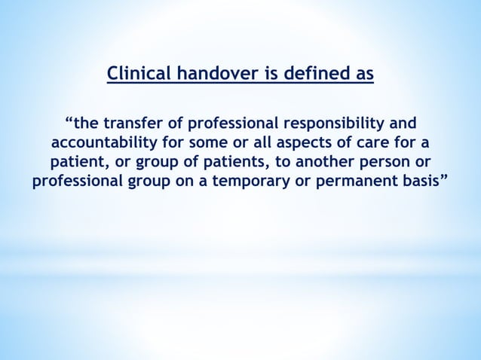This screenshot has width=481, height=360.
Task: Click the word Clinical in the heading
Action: (x=136, y=75)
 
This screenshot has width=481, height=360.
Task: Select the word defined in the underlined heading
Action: (x=309, y=75)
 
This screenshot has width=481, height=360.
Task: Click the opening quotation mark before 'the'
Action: (x=69, y=121)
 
